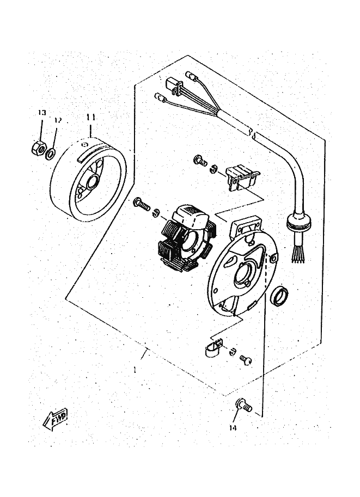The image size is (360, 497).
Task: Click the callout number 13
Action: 42,112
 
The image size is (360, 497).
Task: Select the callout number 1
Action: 134,369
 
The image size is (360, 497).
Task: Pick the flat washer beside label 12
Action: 50,155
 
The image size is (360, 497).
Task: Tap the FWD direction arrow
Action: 56,418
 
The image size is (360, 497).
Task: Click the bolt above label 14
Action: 243,405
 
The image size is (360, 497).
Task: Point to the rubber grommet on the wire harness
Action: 299,222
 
